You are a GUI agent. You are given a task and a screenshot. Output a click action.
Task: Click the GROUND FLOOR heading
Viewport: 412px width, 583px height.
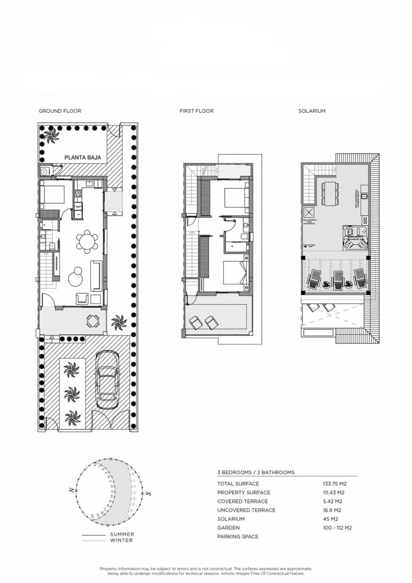click(60, 111)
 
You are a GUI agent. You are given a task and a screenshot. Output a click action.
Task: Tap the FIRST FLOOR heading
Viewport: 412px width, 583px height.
click(197, 111)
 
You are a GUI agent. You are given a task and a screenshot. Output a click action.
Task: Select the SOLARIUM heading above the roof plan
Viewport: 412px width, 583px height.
click(312, 111)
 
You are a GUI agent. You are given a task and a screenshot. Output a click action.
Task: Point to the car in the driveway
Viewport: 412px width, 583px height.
click(107, 380)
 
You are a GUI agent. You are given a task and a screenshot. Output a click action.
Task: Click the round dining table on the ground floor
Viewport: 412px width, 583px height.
click(87, 241)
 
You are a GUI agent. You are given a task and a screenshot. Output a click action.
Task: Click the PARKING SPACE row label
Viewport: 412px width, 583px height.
click(238, 536)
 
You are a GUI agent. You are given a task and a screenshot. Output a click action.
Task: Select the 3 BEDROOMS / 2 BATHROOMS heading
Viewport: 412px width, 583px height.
click(255, 472)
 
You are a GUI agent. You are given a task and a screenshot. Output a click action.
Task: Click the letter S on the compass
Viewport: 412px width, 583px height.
click(148, 494)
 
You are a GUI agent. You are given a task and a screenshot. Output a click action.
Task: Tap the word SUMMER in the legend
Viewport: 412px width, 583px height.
click(122, 534)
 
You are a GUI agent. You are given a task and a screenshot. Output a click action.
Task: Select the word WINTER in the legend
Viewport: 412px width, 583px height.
click(121, 540)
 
